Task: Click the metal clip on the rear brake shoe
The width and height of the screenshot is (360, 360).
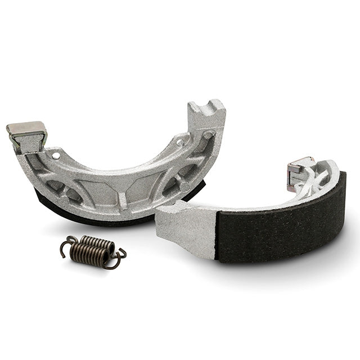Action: click(27, 134)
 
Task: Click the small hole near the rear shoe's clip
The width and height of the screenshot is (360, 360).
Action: click(56, 153)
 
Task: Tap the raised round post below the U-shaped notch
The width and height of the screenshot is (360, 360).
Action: click(208, 134)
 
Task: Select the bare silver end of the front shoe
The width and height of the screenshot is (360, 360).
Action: click(186, 225)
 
